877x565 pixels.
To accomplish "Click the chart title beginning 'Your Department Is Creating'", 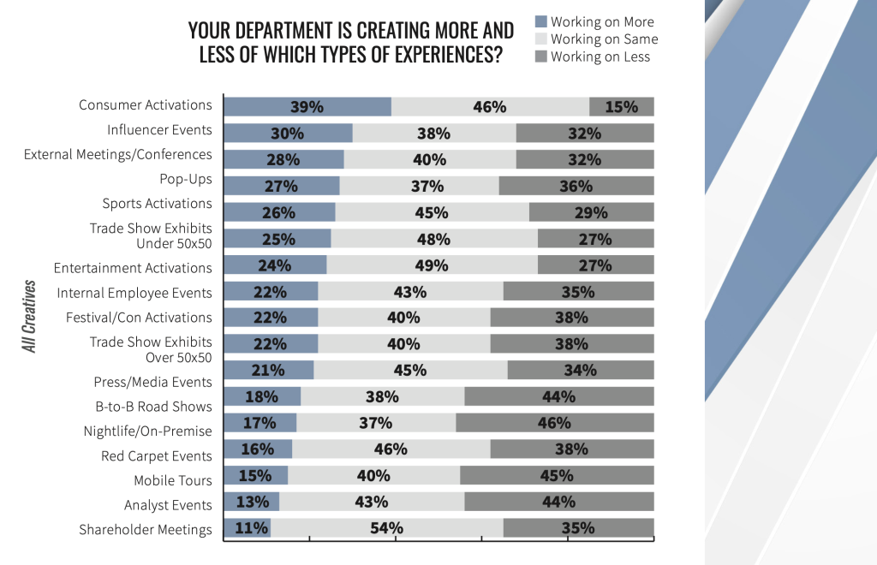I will [351, 43].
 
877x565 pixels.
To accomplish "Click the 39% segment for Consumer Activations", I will [307, 107].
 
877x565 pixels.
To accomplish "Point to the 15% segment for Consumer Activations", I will [622, 107].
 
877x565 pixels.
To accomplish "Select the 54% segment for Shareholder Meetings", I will [386, 528].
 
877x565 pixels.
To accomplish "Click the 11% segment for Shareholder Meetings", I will [248, 528].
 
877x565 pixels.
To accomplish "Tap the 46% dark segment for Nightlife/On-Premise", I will [554, 423].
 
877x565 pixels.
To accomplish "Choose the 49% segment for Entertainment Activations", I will [432, 265].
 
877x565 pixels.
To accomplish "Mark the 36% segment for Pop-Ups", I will [576, 187].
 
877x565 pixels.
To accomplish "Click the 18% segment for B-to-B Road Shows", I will [262, 397].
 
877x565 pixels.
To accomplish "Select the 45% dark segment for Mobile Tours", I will [557, 475].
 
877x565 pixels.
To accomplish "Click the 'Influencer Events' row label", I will [159, 130].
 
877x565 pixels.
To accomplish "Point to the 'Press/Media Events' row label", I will [152, 382].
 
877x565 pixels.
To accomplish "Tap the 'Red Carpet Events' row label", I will [156, 455].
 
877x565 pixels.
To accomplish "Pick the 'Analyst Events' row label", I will [168, 505].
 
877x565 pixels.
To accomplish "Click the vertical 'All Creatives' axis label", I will [30, 316].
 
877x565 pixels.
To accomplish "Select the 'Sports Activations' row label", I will [157, 204].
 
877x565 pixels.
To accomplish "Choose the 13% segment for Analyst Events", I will [252, 502].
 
